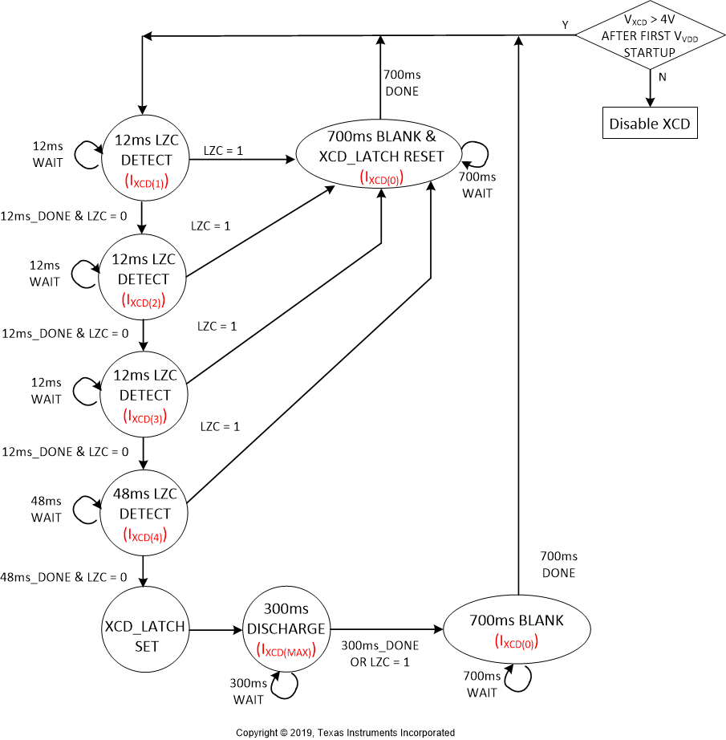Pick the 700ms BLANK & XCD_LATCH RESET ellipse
click(380, 157)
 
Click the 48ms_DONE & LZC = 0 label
click(64, 577)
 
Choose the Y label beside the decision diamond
click(565, 25)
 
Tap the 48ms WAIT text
click(46, 509)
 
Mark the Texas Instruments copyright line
click(345, 732)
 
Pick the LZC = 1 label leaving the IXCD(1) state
click(224, 151)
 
